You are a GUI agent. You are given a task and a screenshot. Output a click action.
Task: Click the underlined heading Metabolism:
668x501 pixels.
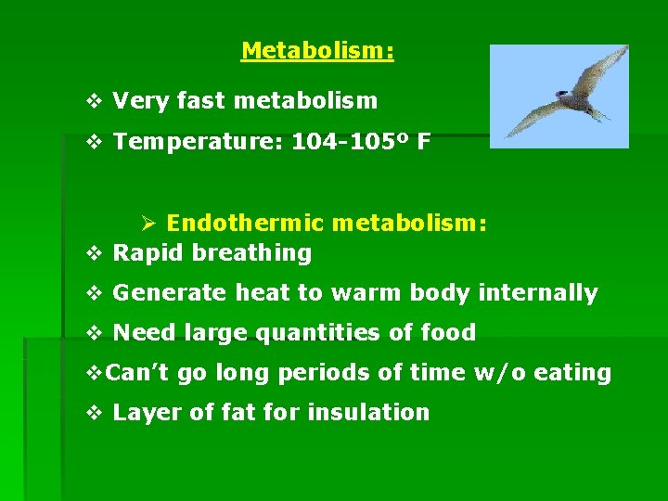tap(317, 50)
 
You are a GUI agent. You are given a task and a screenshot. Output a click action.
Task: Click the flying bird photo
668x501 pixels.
tap(559, 96)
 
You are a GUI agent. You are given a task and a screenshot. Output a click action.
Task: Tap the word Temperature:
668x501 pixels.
tap(198, 142)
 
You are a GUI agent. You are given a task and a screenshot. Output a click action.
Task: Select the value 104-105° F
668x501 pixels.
tap(361, 142)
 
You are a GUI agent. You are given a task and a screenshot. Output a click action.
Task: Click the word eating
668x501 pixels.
tap(578, 373)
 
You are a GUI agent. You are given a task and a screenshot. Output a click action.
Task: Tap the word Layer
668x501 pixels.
tap(145, 412)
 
